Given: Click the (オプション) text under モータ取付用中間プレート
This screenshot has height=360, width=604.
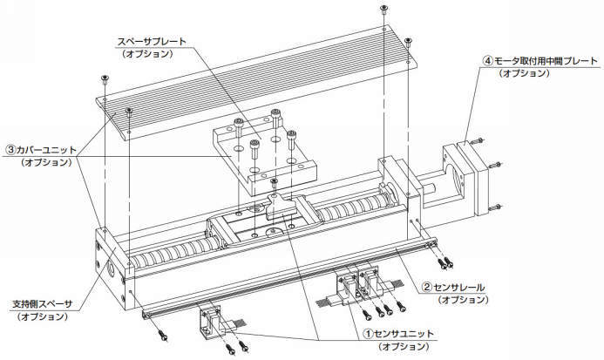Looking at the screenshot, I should point(524,74).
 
